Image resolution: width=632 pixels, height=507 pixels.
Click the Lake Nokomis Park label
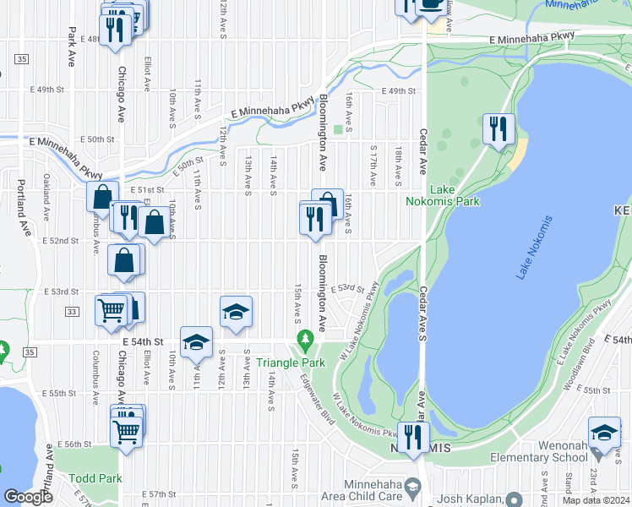click(455, 195)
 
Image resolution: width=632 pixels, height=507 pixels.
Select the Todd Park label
click(95, 478)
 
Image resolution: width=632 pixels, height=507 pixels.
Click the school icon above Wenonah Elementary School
click(604, 433)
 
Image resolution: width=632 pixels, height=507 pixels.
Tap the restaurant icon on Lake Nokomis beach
click(498, 129)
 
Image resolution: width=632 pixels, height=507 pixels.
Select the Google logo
click(28, 496)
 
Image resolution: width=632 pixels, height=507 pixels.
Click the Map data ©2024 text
click(596, 500)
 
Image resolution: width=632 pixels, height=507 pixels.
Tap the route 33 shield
click(72, 313)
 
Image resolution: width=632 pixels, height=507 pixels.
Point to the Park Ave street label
click(72, 50)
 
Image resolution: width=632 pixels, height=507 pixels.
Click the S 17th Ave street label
click(373, 165)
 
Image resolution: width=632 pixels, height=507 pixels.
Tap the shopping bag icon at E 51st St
click(102, 198)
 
